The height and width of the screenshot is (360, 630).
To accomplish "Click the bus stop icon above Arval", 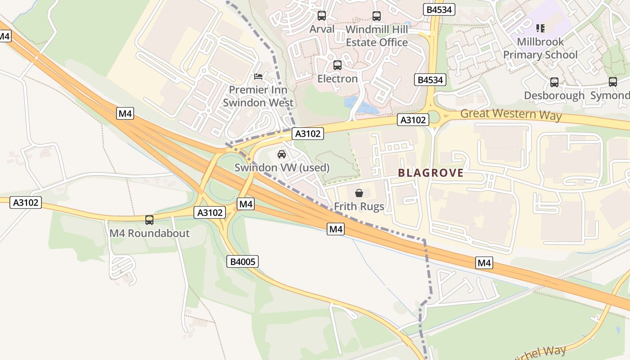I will click(x=322, y=16).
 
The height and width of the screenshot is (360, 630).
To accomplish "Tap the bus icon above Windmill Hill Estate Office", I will click(x=377, y=16).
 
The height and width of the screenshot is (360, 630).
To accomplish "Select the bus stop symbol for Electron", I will click(x=337, y=65).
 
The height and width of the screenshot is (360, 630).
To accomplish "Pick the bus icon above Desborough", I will click(x=554, y=82).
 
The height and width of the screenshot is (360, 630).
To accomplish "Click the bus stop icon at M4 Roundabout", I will click(x=149, y=220).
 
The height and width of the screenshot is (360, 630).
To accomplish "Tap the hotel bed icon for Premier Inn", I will click(x=258, y=76).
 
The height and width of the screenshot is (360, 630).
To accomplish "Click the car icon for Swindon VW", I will click(x=282, y=154).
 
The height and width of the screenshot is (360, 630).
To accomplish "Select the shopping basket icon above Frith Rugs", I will click(x=359, y=193).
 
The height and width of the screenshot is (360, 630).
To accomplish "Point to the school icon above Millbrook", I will click(x=540, y=28).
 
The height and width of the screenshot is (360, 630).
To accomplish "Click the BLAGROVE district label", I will click(x=431, y=173).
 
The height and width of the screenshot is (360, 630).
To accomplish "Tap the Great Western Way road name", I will click(x=511, y=114).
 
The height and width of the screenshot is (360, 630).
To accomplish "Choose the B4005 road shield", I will click(x=244, y=261).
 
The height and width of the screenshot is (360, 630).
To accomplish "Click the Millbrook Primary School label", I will click(x=540, y=48).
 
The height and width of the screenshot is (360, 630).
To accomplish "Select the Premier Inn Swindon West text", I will click(x=258, y=96).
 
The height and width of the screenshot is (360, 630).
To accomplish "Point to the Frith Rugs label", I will click(x=359, y=207).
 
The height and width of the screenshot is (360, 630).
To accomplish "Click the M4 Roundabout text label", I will click(x=149, y=234).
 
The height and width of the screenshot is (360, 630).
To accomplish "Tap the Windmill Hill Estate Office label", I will click(x=377, y=36).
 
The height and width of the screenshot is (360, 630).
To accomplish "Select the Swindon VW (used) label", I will click(x=282, y=168).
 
